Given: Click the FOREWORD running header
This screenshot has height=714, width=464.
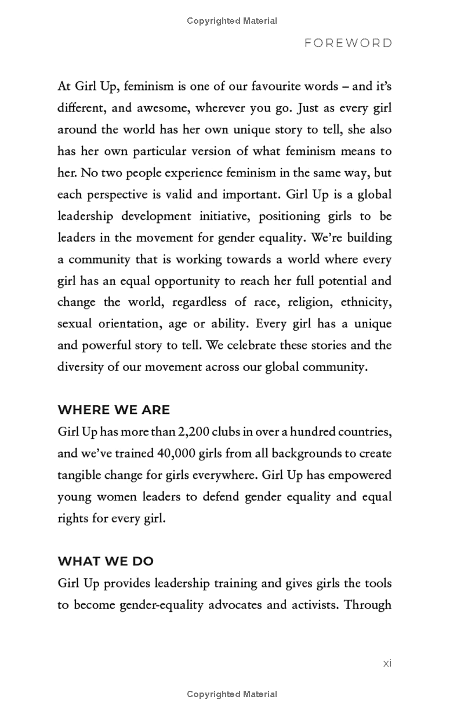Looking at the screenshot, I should coord(348,44).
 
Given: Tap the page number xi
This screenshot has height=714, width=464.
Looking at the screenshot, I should coord(387,663).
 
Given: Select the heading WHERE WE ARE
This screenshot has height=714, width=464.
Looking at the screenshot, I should coord(114,410).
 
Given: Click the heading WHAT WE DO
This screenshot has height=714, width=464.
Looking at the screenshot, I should coord(106,561).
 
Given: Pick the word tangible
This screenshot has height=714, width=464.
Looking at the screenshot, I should coord(80,475).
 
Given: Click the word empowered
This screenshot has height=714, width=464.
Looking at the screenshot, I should coord(360,475).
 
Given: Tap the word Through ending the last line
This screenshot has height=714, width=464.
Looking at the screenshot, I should coord(368,605).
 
